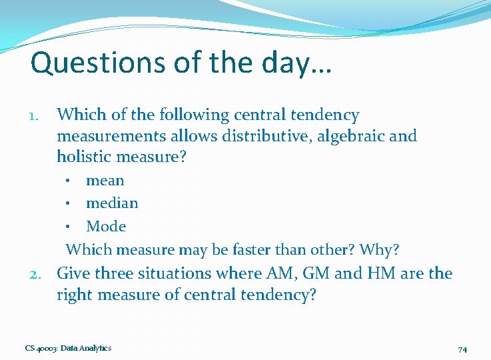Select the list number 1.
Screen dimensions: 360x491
(38, 116)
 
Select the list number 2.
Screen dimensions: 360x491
(37, 274)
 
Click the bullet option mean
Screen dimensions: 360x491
(105, 181)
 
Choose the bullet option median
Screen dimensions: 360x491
(112, 203)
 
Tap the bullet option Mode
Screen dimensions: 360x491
(106, 227)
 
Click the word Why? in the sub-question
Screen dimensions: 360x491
(379, 250)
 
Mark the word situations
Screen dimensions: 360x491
(177, 273)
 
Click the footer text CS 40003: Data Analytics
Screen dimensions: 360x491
(68, 348)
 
